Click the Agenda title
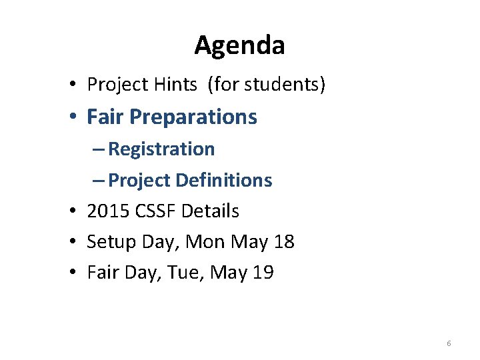pos(239,45)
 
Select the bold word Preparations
pos(193,117)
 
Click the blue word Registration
pos(161,149)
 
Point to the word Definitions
pos(224,180)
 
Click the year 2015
pos(108,211)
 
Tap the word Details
pos(210,211)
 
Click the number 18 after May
pos(284,241)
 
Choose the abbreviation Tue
pos(181,272)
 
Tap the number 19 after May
pos(263,272)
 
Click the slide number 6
pos(449,343)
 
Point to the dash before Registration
pos(99,149)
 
